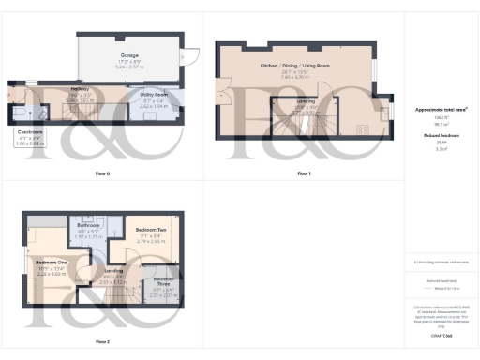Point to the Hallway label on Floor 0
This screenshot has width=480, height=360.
[81, 89]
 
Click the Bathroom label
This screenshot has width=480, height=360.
[90, 225]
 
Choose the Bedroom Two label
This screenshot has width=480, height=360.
[150, 230]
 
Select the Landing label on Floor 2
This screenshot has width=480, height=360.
[113, 273]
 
